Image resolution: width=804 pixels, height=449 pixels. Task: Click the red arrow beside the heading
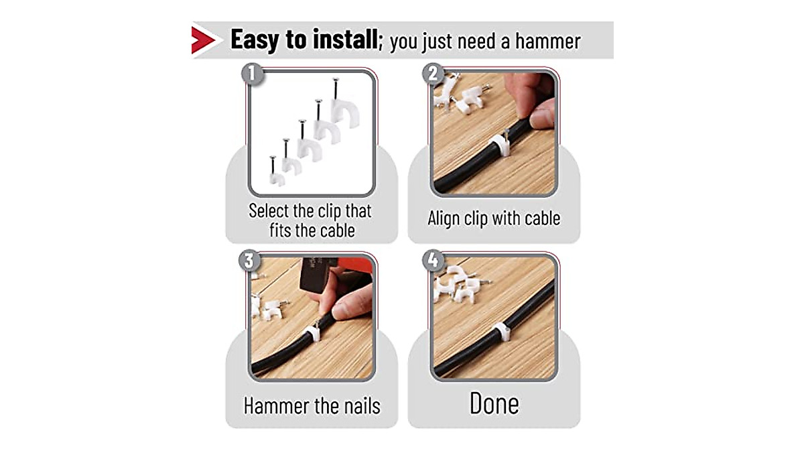203,40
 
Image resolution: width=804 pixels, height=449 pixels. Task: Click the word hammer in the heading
543,42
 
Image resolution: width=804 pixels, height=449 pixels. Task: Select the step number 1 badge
251,74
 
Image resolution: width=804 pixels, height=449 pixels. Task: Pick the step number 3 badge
249,260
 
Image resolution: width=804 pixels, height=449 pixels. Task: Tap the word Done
494,403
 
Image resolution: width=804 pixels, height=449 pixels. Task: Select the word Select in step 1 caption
271,211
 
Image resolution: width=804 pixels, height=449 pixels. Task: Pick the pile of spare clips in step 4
459,284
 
